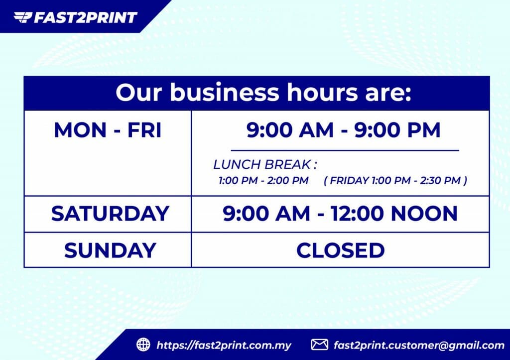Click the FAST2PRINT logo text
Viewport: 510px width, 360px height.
point(85,18)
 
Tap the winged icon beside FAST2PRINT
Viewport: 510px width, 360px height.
point(22,18)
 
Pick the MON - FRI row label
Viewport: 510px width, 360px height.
point(108,130)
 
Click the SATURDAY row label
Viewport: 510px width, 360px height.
point(110,214)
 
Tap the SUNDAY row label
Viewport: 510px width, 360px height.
point(110,250)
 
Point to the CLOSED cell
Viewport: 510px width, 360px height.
point(340,250)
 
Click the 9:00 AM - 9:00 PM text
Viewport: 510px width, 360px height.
point(344,130)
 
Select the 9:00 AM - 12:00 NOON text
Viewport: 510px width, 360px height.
point(340,214)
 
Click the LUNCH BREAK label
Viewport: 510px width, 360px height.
point(265,165)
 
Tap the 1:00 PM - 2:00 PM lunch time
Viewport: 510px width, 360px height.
point(263,180)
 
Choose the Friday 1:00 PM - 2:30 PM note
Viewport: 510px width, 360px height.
point(395,180)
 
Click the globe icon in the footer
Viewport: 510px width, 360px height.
point(143,345)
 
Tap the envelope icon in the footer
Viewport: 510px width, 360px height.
point(319,345)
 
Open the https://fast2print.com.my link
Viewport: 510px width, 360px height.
point(224,345)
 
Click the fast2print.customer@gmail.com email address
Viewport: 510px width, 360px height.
point(419,345)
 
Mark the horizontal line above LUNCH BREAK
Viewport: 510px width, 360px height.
point(345,150)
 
